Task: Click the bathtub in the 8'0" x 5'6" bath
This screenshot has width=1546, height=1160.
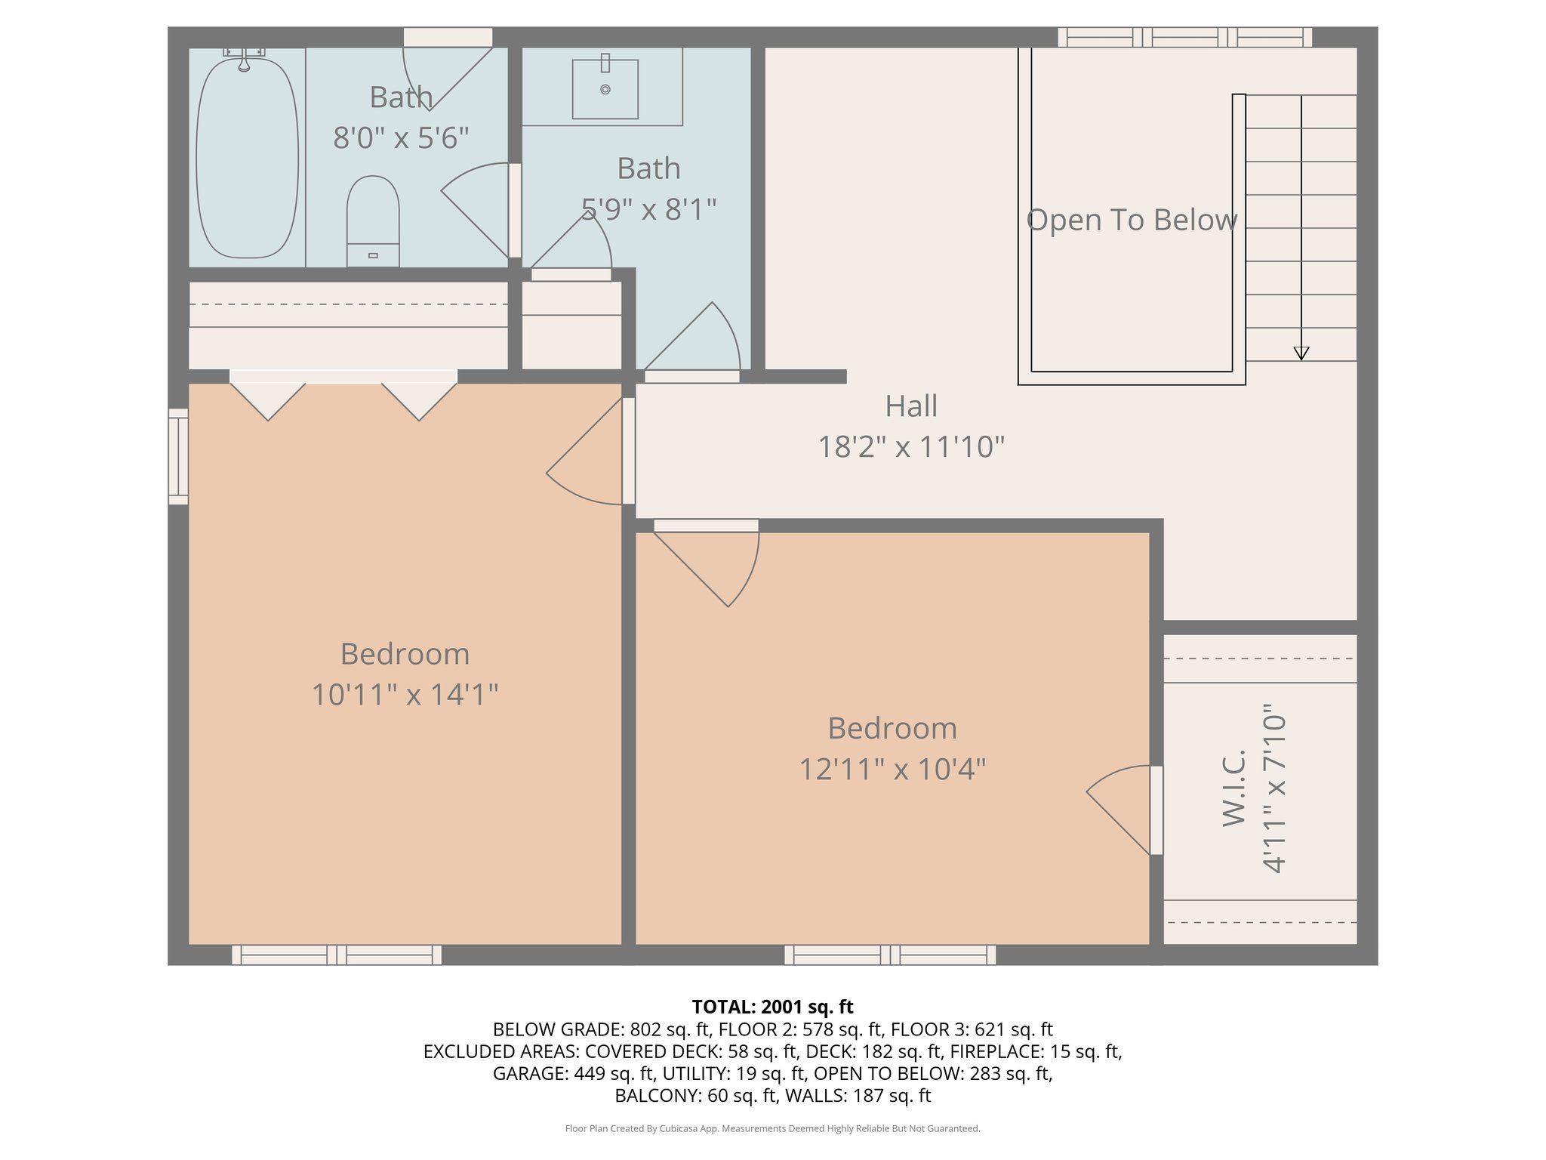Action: (247, 159)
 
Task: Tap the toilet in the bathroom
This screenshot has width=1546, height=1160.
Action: (373, 221)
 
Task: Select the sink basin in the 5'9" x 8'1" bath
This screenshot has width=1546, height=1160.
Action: (605, 89)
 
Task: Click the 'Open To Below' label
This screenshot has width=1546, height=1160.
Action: (1132, 220)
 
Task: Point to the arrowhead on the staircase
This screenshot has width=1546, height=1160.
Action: (1301, 353)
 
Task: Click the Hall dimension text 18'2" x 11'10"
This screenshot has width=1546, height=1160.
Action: (911, 446)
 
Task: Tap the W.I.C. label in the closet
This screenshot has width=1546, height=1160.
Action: (1233, 788)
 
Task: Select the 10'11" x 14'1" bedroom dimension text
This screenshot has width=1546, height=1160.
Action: (405, 694)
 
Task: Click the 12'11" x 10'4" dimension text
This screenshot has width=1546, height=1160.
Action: (892, 769)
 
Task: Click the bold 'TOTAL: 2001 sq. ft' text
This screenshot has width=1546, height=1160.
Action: (772, 1007)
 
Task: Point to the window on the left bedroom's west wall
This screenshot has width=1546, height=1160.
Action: (178, 456)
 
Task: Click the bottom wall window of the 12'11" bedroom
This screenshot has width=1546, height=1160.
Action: (890, 955)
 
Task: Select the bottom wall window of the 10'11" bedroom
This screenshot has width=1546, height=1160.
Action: (337, 955)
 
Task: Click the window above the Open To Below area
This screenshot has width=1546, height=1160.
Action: (1184, 37)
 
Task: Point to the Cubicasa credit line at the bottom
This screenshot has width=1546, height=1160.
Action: (772, 1128)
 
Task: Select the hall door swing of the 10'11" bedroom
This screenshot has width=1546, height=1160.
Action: (584, 451)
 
